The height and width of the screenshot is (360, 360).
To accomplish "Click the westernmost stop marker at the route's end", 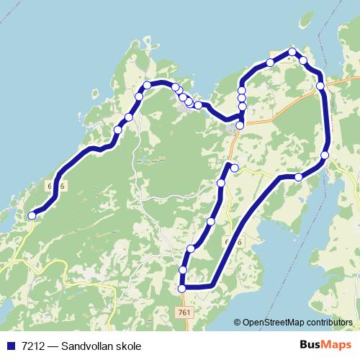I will point(32,215).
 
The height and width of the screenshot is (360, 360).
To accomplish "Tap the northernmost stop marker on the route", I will point(292,52).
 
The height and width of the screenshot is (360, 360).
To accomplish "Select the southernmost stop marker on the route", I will point(181,288).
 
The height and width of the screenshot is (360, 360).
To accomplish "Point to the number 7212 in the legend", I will point(31,346).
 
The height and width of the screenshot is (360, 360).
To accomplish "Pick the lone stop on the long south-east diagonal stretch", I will point(299,177).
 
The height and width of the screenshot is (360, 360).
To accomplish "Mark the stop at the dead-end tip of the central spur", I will point(234,168).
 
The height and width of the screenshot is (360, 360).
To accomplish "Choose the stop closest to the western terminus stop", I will point(117,130).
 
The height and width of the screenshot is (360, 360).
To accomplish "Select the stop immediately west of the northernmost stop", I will point(270,63).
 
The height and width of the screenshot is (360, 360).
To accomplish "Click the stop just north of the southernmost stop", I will point(182,270).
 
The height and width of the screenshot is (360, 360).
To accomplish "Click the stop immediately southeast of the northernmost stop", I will point(303,60).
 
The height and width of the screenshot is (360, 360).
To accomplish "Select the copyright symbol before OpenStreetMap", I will point(237,323).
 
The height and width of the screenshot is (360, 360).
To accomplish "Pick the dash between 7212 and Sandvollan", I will point(52,346).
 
